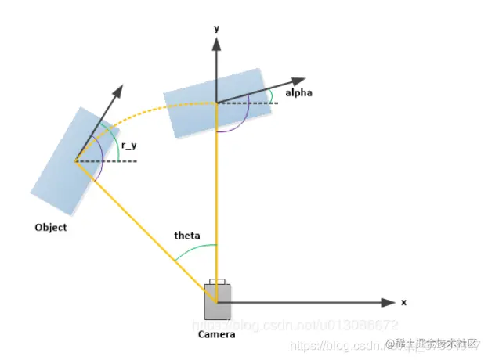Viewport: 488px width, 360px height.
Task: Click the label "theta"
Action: coord(186,236)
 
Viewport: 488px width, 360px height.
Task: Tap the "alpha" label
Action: coord(299,93)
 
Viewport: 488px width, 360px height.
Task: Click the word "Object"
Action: coord(51,228)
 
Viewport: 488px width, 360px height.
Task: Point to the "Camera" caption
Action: coord(216,333)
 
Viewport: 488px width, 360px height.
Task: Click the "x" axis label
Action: coord(404,302)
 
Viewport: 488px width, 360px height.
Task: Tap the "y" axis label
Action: coord(215,28)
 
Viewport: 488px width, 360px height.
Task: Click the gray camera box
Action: coord(218,301)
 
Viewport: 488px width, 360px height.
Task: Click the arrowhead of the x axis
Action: coord(388,302)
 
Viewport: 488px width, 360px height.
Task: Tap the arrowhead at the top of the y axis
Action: coord(216,43)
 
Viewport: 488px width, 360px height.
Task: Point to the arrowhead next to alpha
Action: coord(298,80)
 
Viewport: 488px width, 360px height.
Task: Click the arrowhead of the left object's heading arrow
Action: coord(118,90)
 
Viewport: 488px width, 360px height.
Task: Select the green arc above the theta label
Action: coord(196,249)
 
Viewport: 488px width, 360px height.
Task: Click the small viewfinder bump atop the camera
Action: coord(217,282)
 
